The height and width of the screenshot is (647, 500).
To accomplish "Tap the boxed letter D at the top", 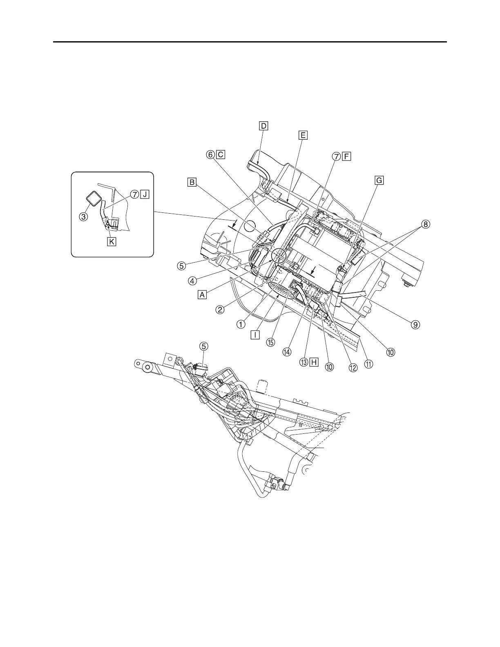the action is pos(263,126).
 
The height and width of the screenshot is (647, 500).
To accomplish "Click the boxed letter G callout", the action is pos(379,180).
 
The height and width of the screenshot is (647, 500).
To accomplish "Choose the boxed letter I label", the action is pos(255,335).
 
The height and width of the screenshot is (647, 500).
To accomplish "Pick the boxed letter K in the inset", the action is pos(112,241).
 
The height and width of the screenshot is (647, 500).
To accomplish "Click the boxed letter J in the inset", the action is pos(144,195).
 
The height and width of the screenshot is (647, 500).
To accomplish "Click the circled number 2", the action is pos(220,309).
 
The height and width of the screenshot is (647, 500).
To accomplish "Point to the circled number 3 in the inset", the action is pos(83,216).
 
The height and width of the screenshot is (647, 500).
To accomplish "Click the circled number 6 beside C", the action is pos(210,155).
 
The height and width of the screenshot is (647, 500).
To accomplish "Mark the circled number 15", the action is pos(270,342).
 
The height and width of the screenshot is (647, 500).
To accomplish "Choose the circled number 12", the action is pos(353,367).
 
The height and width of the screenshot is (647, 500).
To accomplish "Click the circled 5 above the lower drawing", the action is pos(203,346).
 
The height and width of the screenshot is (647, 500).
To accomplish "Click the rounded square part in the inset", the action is pos(94,199).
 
